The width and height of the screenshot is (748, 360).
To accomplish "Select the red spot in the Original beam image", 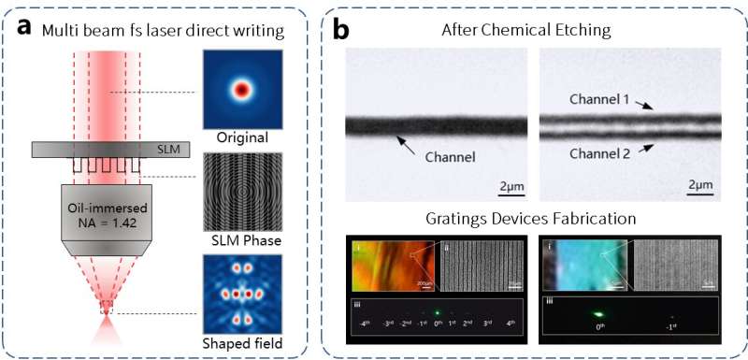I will coord(243,90).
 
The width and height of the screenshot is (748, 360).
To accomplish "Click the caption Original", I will coord(242,137).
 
